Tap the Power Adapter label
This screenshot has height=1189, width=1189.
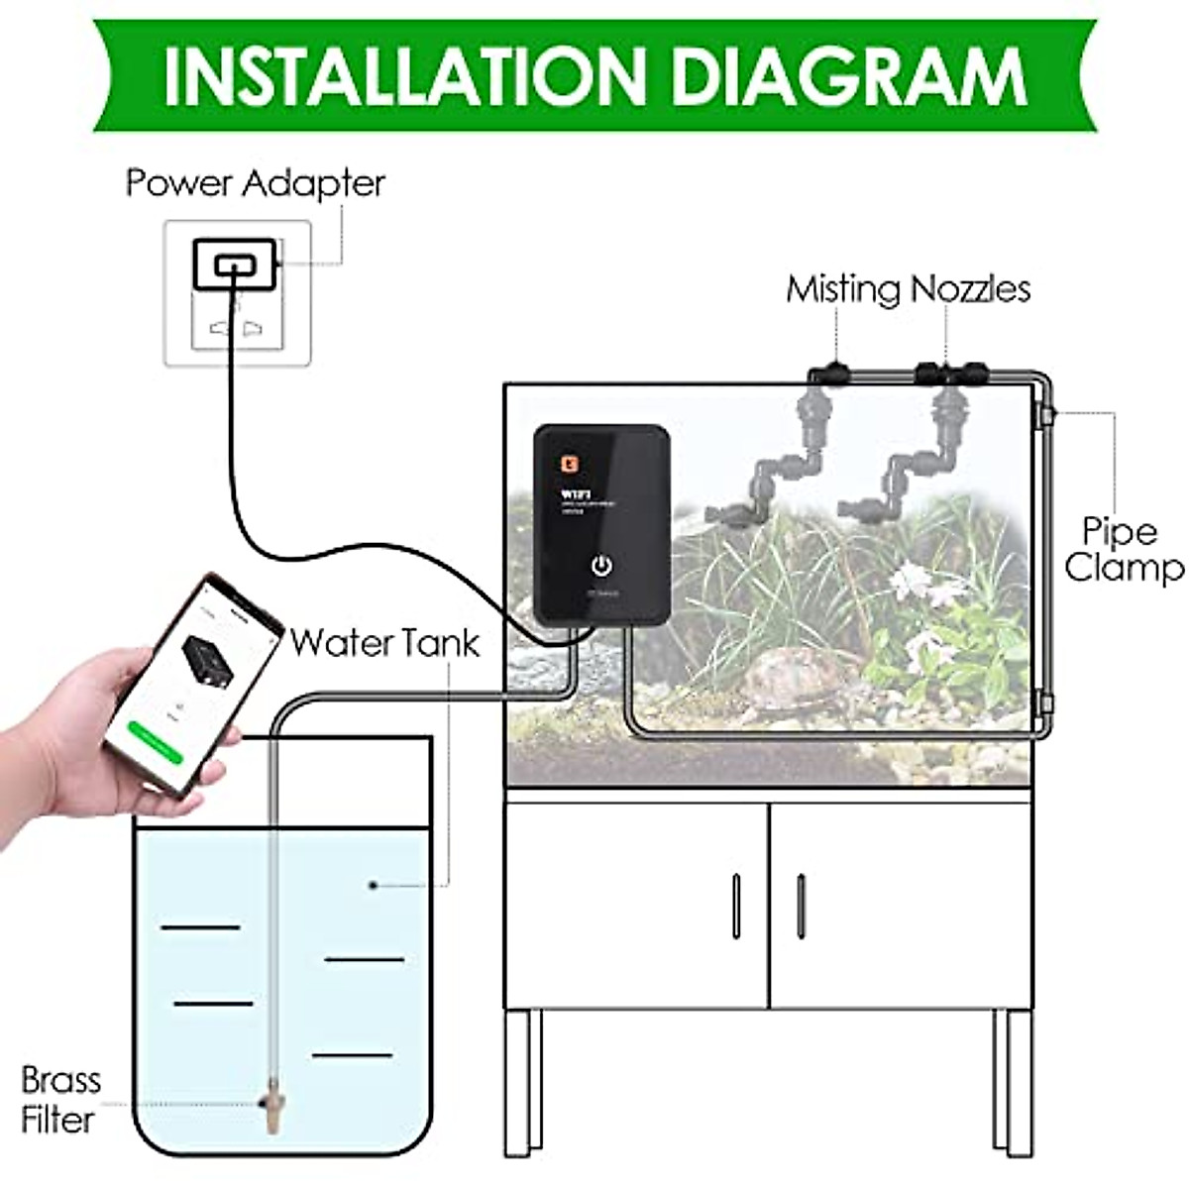(x=255, y=183)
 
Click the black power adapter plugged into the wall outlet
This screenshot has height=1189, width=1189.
(x=235, y=266)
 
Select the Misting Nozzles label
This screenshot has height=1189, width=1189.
(x=908, y=289)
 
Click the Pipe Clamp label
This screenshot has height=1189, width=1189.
(x=1122, y=549)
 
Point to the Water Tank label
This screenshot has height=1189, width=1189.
(x=384, y=643)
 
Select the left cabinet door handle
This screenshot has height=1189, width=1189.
(x=735, y=906)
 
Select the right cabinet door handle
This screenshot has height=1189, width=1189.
(x=801, y=906)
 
